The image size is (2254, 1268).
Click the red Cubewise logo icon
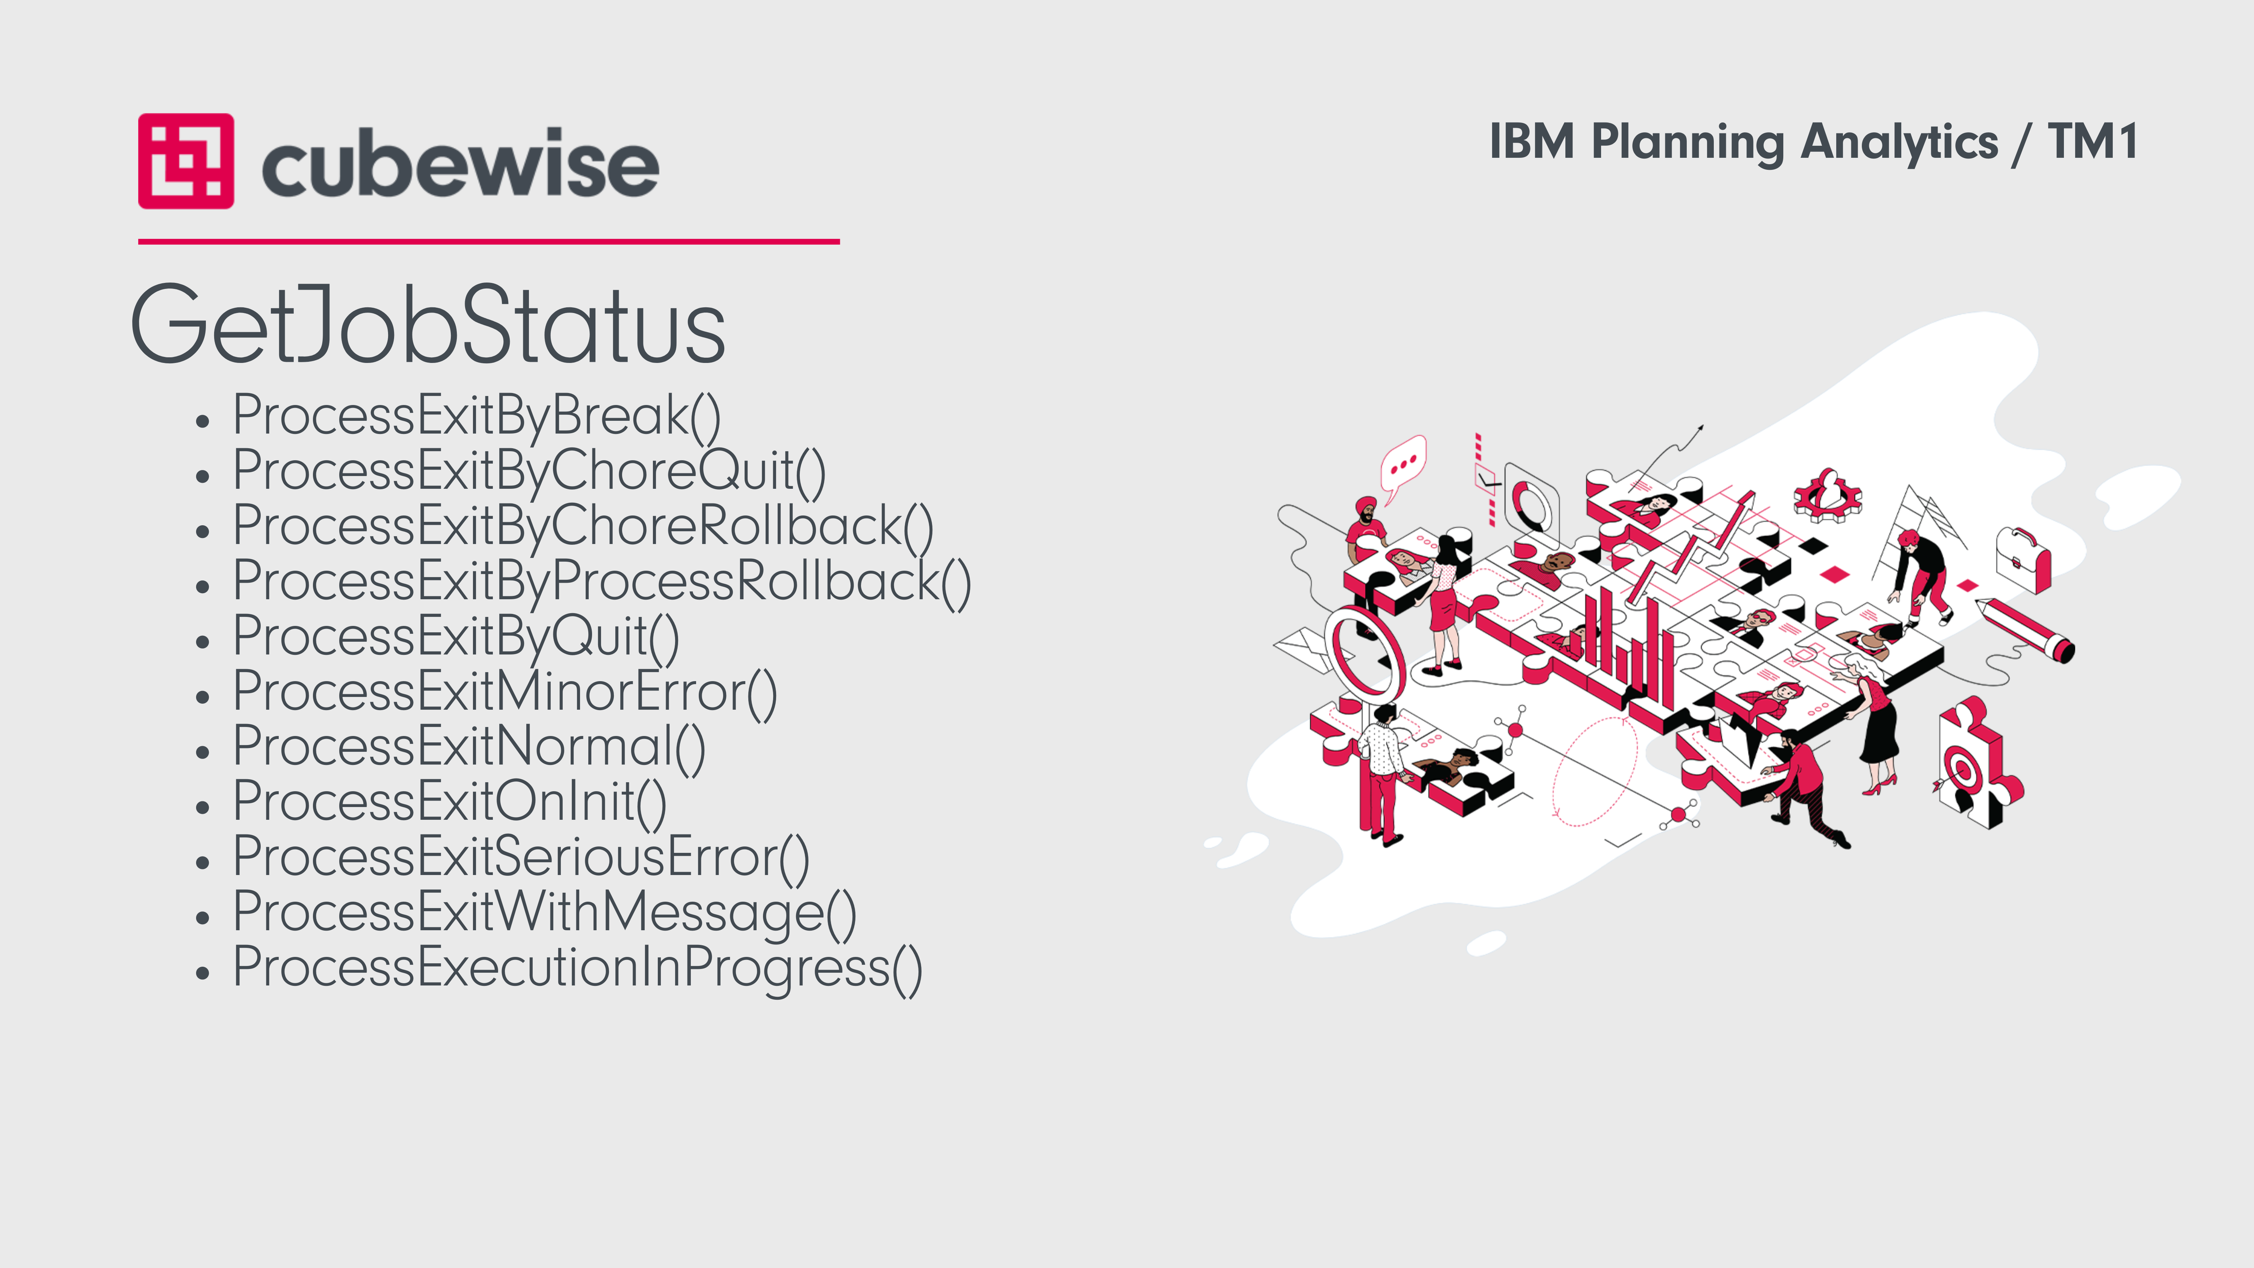tap(186, 161)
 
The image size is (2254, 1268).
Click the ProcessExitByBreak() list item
tap(477, 417)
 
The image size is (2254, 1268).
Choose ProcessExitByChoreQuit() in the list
tap(529, 472)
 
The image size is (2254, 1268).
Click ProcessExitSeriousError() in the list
tap(521, 858)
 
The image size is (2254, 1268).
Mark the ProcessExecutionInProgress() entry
tap(577, 969)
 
